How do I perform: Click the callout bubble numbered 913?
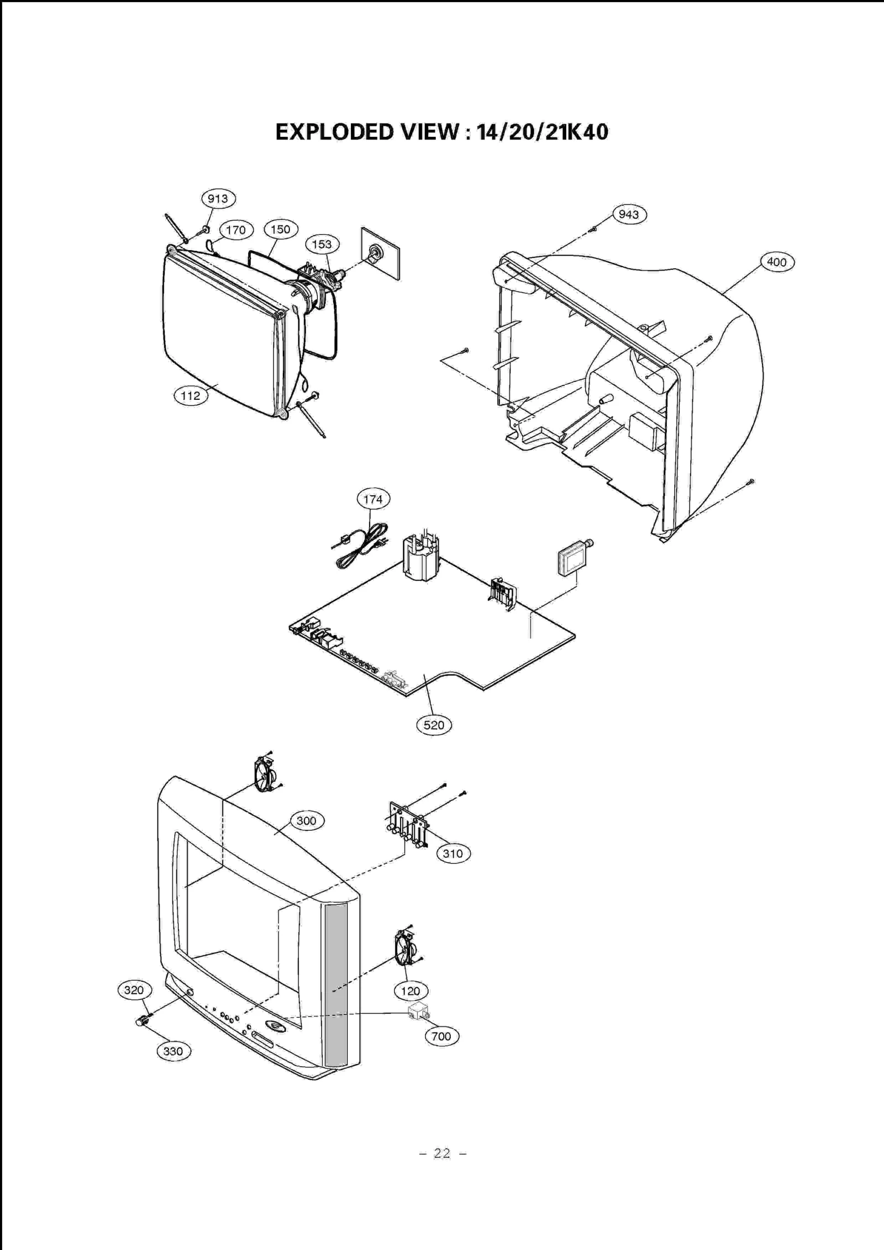(x=218, y=199)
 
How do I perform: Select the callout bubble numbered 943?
(x=629, y=214)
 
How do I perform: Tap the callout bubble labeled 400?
(x=777, y=262)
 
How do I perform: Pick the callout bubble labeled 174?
(x=373, y=499)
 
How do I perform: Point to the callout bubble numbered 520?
(x=434, y=725)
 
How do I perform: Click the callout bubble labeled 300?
(x=306, y=821)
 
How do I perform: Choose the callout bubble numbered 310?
(x=453, y=854)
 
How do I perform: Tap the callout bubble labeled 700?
(x=441, y=1036)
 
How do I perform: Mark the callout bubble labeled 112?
(x=191, y=395)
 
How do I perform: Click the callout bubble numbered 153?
(x=322, y=244)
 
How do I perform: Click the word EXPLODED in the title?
(x=334, y=133)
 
